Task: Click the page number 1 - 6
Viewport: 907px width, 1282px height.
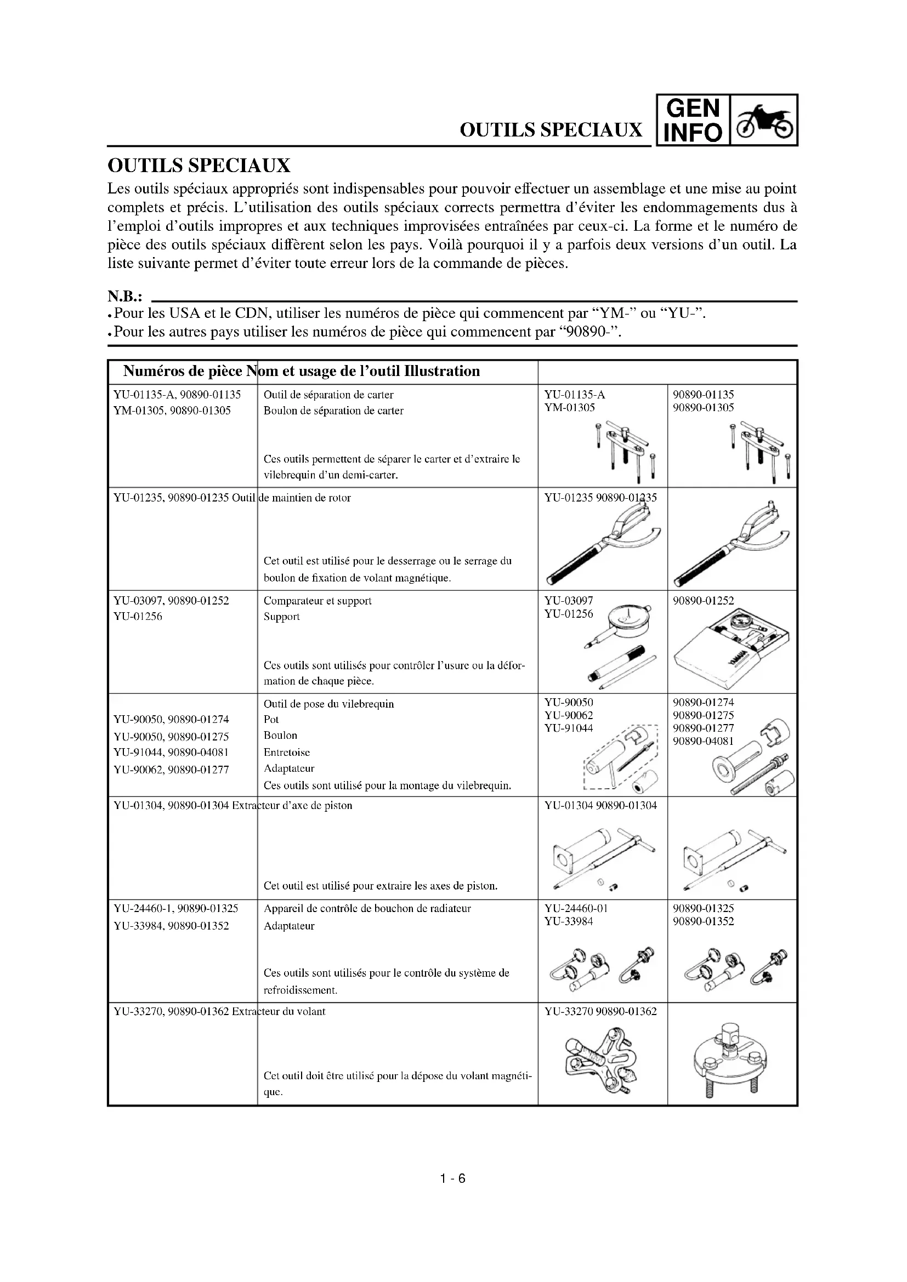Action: [452, 1178]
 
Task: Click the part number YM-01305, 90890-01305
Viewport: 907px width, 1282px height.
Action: [172, 411]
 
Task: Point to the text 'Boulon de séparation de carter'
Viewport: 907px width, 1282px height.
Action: [333, 411]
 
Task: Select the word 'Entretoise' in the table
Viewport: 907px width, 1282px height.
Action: [286, 752]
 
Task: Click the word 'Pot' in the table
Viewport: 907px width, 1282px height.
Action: [271, 719]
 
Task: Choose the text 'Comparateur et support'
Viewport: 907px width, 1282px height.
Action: [317, 601]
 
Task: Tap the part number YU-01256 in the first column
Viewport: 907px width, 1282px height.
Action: [138, 617]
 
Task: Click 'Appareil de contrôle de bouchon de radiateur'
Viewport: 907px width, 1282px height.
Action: [367, 908]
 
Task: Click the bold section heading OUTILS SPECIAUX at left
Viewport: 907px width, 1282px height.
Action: [199, 166]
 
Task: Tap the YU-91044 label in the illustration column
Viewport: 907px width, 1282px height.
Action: [569, 728]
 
